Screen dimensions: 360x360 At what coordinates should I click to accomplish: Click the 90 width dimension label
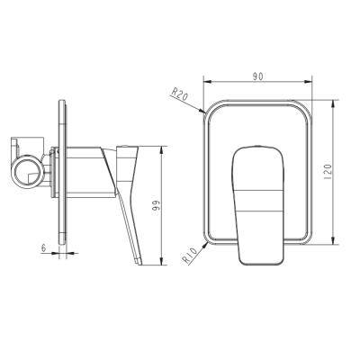coord(257,76)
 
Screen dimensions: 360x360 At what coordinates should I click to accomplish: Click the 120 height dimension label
coord(328,171)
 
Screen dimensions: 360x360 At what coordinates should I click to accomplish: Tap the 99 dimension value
coord(156,205)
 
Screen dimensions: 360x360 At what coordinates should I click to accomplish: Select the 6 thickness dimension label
coord(44,247)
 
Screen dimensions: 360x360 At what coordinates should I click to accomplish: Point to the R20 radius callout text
coord(179,94)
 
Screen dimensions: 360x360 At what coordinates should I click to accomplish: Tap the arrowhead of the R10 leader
coord(205,245)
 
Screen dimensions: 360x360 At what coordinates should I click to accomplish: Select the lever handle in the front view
coord(258,205)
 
